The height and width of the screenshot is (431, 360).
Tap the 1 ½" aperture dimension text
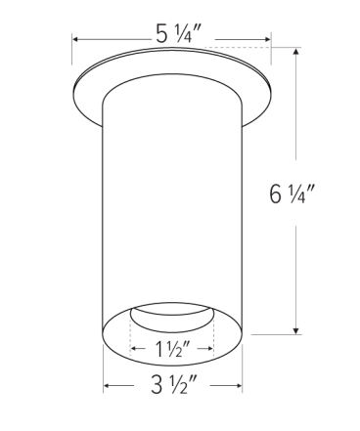click(x=173, y=348)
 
